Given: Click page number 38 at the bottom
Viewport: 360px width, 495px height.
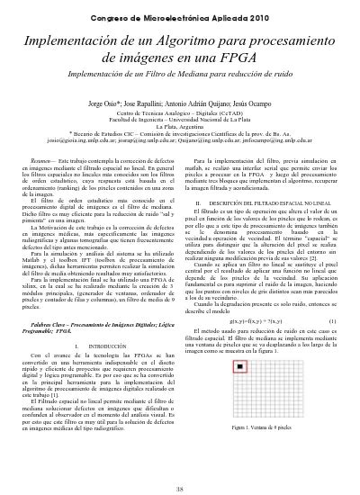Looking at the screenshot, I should [x=180, y=487].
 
